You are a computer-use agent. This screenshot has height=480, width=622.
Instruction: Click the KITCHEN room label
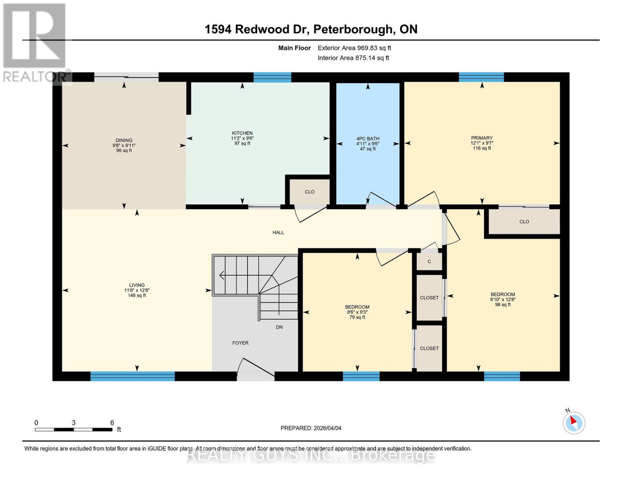(x=242, y=133)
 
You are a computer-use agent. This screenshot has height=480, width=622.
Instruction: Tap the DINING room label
(x=124, y=140)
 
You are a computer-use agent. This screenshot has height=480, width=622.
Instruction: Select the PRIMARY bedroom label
(x=481, y=138)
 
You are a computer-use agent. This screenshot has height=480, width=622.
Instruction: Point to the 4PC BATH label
(x=368, y=139)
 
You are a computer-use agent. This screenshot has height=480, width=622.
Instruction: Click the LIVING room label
(x=137, y=285)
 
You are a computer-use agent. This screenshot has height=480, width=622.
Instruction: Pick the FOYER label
(x=240, y=343)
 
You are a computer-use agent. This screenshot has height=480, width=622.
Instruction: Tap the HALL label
(x=278, y=232)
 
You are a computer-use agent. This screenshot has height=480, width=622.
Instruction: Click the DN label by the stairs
(x=279, y=327)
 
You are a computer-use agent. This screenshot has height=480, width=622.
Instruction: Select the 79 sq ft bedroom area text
(x=357, y=317)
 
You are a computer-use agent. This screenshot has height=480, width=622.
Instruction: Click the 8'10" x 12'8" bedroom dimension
(x=503, y=299)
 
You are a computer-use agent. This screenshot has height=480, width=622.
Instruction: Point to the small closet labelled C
(x=429, y=262)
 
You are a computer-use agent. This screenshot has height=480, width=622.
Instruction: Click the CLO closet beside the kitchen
(x=310, y=192)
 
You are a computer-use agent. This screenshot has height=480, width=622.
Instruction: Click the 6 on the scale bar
(x=112, y=423)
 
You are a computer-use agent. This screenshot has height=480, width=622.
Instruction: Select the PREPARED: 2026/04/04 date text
(x=311, y=428)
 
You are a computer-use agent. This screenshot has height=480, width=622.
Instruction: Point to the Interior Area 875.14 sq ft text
(x=353, y=58)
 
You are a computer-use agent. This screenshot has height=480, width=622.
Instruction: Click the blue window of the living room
(x=133, y=376)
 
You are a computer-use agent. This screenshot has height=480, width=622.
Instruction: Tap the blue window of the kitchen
(x=272, y=77)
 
